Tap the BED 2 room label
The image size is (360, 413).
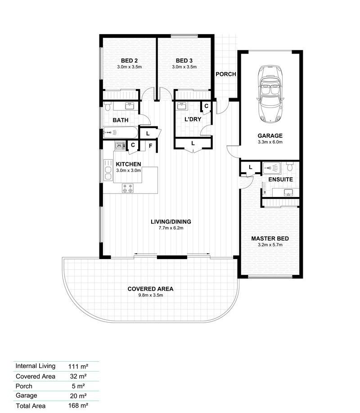[129, 61]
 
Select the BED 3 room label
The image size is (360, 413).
[184, 61]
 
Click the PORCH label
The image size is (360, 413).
[226, 74]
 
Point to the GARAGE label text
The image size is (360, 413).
[270, 135]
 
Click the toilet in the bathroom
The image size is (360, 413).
[108, 107]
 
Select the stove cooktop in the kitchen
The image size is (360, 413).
[127, 189]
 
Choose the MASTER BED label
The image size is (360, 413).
[270, 238]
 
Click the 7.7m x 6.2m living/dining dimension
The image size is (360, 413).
[171, 228]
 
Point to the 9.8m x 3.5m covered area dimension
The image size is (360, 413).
[150, 295]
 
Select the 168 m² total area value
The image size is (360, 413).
[77, 405]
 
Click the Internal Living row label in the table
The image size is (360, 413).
[35, 366]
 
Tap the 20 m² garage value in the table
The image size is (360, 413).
[77, 395]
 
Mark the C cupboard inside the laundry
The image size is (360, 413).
[206, 106]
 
